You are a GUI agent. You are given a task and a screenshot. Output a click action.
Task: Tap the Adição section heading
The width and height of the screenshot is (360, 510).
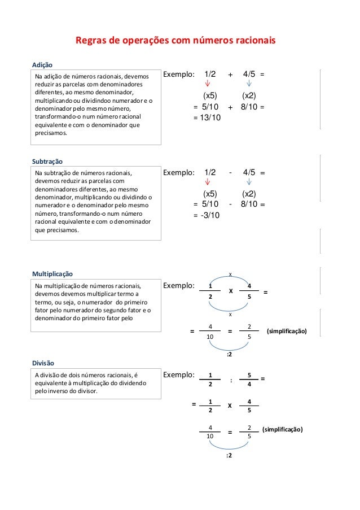[x=43, y=64]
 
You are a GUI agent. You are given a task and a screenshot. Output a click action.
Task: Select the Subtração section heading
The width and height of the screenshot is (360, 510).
[x=48, y=161]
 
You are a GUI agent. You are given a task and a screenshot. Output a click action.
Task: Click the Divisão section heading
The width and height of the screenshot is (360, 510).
[x=43, y=362]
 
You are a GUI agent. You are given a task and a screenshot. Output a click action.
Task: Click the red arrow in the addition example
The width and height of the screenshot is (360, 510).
[x=208, y=85]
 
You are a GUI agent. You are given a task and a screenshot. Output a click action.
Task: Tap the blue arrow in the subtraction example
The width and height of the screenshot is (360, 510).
[x=249, y=182]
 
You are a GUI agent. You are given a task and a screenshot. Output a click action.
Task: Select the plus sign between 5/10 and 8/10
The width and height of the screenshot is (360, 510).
[x=230, y=106]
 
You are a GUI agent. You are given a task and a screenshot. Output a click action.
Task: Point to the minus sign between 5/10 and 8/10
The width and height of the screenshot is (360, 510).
[x=230, y=204]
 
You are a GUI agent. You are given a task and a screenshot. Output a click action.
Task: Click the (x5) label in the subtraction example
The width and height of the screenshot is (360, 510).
[x=210, y=193]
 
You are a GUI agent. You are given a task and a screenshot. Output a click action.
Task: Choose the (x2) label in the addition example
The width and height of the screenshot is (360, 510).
[x=249, y=95]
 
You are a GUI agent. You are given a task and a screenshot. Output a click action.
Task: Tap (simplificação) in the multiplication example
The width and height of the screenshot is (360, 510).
[x=286, y=331]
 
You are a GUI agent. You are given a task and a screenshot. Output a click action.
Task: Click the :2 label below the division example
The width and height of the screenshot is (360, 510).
[x=230, y=455]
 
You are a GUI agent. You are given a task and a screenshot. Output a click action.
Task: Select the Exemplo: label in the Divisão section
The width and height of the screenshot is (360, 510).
[x=178, y=374]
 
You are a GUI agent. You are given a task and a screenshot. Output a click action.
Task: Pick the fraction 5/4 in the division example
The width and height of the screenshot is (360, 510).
[x=249, y=380]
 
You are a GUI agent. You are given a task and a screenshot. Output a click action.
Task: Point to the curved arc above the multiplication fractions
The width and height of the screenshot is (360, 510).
[x=230, y=278]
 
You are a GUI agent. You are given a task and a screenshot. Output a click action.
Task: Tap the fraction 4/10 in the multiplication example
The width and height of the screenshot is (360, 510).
[x=210, y=331]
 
